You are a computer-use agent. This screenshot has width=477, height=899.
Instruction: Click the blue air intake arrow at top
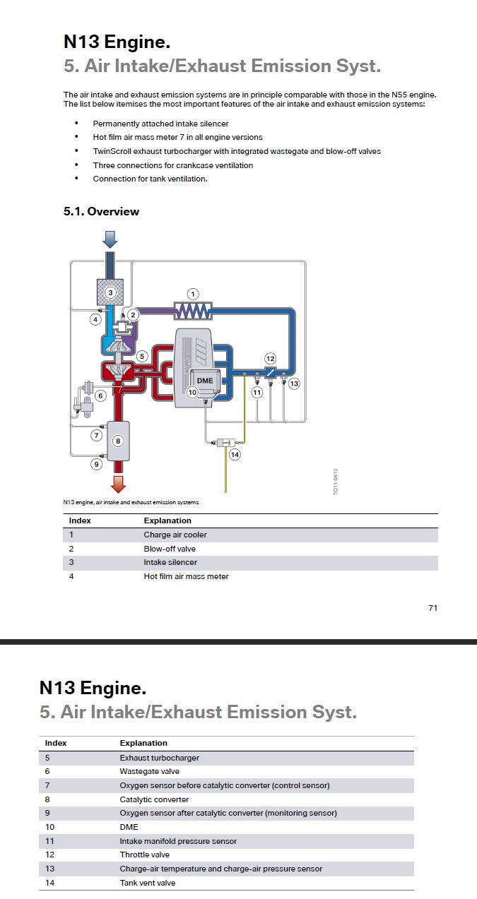[110, 240]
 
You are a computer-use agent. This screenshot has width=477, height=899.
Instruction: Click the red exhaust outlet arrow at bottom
[118, 483]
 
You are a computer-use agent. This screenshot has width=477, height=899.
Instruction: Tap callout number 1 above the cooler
[192, 294]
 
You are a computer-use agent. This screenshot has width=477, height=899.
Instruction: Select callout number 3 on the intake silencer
[110, 292]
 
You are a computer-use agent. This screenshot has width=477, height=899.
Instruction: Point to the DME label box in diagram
[204, 380]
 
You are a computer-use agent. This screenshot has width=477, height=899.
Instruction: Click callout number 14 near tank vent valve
[235, 454]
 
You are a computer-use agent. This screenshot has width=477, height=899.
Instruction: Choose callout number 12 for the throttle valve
[270, 359]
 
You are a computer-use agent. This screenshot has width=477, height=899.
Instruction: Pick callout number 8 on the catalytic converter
[118, 441]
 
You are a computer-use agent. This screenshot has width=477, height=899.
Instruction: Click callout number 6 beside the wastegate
[100, 395]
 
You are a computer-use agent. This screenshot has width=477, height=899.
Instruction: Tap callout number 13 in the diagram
[294, 383]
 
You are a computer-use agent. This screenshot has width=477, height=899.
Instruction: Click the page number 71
[432, 607]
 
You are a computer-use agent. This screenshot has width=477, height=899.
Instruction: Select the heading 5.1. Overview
[101, 211]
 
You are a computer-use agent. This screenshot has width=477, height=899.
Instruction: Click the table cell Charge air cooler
[175, 535]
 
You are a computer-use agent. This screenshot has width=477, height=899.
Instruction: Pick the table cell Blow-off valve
[170, 549]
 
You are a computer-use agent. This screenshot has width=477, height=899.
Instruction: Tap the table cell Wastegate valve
[149, 771]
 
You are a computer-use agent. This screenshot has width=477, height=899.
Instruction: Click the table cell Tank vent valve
[147, 883]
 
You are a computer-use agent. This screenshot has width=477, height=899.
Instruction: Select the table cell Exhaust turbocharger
[159, 758]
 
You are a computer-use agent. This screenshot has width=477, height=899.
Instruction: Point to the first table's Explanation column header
[167, 520]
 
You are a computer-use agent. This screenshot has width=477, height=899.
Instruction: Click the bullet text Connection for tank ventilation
[150, 179]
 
